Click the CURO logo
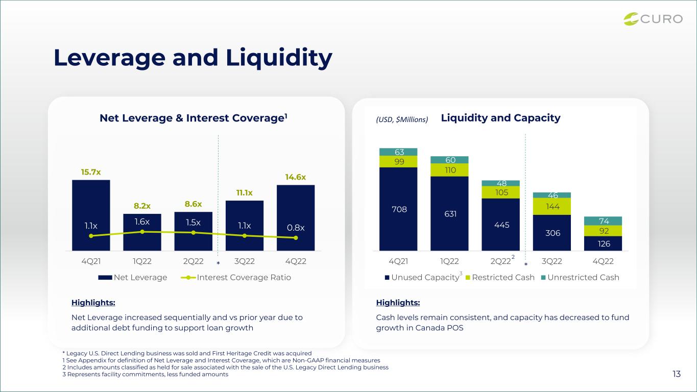pos(653,19)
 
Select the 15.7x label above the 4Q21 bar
pos(91,172)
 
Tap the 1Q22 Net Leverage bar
pos(142,232)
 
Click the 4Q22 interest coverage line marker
pos(296,238)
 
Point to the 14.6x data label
pos(296,177)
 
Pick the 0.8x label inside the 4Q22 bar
pos(296,228)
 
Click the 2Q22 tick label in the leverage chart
pos(193,261)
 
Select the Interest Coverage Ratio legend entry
pos(236,277)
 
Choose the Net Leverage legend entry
pos(133,277)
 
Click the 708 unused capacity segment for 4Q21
pos(398,209)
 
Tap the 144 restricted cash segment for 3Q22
pos(552,206)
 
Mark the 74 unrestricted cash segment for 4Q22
pos(603,221)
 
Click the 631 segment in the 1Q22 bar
pos(449,213)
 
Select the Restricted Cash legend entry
pos(500,277)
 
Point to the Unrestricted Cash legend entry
pos(580,277)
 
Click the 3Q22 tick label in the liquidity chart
pos(551,261)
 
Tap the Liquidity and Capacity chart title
pos(500,118)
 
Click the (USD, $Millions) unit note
pos(402,119)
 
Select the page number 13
pos(677,374)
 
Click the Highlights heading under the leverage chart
pos(93,302)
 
